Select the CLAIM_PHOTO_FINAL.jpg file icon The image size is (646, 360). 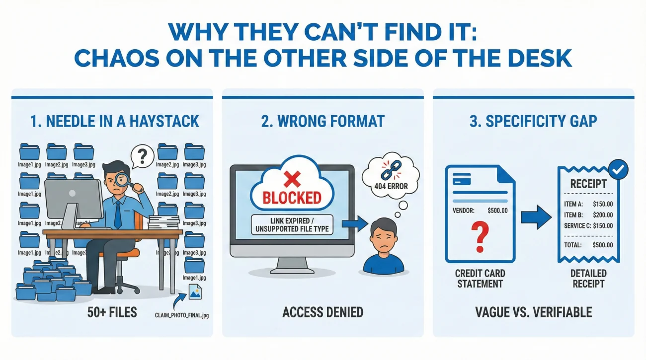pyautogui.click(x=194, y=292)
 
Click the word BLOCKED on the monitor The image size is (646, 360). pyautogui.click(x=292, y=197)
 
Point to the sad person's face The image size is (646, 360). pyautogui.click(x=384, y=235)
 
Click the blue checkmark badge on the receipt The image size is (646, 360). pyautogui.click(x=618, y=170)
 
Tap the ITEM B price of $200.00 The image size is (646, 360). pyautogui.click(x=603, y=215)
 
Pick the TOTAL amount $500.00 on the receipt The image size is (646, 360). pyautogui.click(x=603, y=245)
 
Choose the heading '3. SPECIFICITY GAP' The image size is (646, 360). pyautogui.click(x=533, y=121)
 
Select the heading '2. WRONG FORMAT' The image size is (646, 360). pyautogui.click(x=323, y=121)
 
